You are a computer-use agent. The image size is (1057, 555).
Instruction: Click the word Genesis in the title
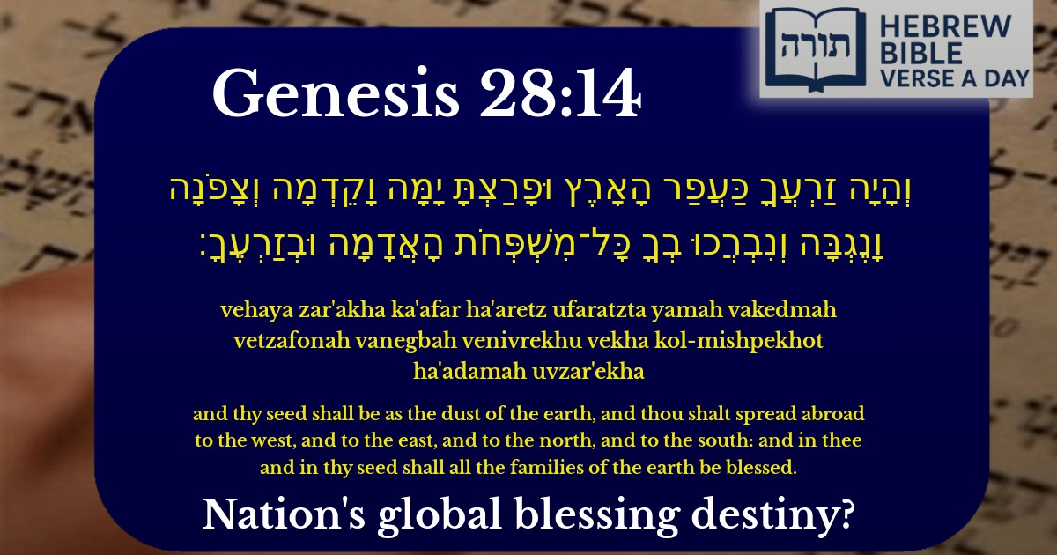(x=336, y=92)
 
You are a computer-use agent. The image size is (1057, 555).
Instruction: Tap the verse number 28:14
(x=560, y=92)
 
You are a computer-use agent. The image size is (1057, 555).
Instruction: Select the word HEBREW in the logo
(x=946, y=26)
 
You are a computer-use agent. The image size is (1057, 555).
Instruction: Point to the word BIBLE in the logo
(x=921, y=53)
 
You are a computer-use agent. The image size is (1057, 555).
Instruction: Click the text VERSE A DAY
(x=955, y=78)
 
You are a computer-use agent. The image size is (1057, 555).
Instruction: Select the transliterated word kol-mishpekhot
(x=738, y=341)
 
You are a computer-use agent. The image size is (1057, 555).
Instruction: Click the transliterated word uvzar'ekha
(x=588, y=372)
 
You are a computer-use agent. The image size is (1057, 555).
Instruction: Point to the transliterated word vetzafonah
(x=292, y=341)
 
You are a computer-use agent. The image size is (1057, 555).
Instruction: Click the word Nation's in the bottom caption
(x=284, y=514)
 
